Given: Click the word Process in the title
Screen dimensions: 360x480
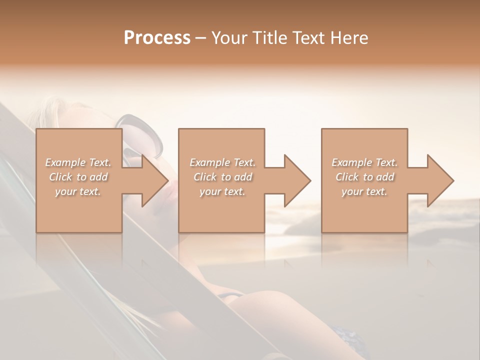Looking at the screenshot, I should click(157, 38).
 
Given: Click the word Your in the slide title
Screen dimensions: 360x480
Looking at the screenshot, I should click(229, 38).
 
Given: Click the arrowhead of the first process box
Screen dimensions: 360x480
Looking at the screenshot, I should click(155, 180).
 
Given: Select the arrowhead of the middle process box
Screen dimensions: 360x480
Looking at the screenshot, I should click(297, 180).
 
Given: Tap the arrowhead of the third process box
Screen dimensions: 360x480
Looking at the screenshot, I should click(440, 180).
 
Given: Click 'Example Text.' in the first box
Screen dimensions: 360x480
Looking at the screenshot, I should click(78, 162).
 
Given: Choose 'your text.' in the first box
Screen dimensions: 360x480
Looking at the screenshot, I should click(78, 191).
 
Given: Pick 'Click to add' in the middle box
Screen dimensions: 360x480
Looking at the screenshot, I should click(222, 177).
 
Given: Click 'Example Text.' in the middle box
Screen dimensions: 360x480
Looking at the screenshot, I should click(222, 162).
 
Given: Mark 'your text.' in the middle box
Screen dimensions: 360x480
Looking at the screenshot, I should click(222, 191).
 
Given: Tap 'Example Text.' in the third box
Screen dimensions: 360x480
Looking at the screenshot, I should click(364, 162).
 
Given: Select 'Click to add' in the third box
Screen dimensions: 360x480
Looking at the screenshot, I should click(364, 177).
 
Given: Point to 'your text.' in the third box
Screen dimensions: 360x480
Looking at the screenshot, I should click(364, 191).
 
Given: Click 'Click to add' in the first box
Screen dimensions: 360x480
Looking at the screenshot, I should click(78, 177).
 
